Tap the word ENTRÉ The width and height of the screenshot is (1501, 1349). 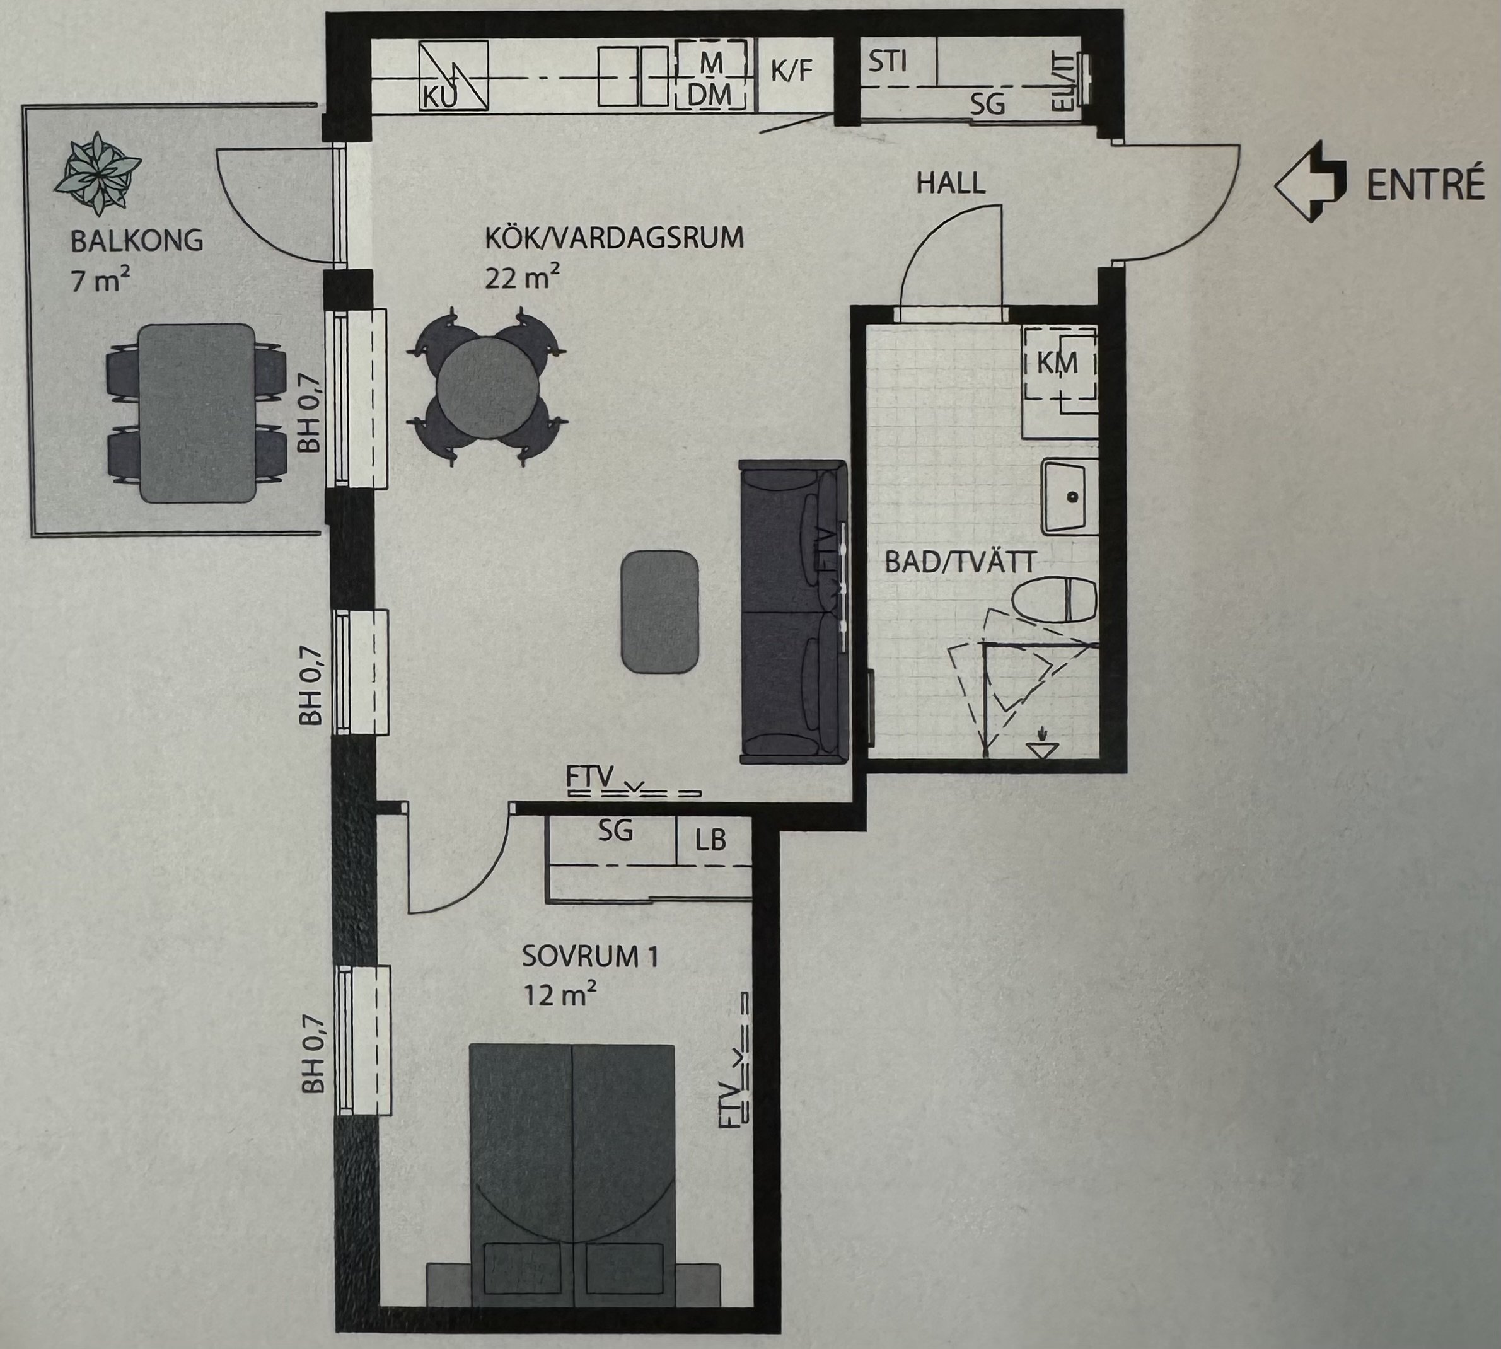point(1425,185)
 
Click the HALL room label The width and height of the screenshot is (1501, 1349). point(951,183)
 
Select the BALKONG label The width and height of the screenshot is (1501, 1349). point(137,241)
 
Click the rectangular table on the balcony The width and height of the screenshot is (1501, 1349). point(197,413)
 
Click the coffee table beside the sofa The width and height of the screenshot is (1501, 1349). point(659,611)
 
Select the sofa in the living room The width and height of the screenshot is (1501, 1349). point(792,611)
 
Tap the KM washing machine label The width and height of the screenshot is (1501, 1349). point(1057,364)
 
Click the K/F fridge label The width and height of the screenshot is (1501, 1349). point(792,71)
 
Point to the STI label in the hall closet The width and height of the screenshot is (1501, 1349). point(887,62)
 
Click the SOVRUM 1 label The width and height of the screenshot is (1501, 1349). point(590,957)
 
